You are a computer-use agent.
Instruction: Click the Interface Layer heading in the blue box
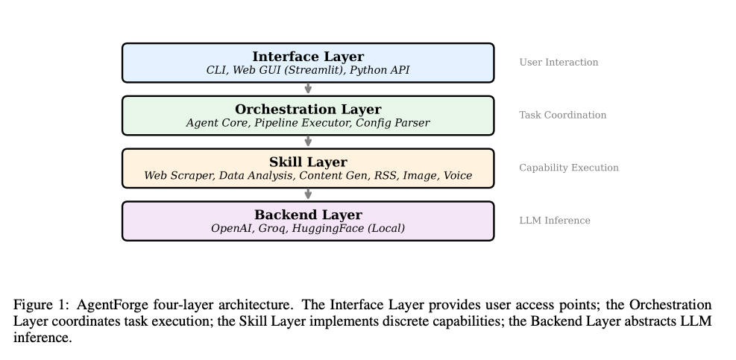pyautogui.click(x=308, y=57)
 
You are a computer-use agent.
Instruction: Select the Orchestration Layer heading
pyautogui.click(x=308, y=110)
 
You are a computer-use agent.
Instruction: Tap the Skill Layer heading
pyautogui.click(x=308, y=162)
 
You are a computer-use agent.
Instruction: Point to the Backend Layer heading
pyautogui.click(x=308, y=215)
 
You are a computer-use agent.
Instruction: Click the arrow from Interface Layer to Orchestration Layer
pyautogui.click(x=308, y=89)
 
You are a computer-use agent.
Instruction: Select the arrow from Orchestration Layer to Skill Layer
pyautogui.click(x=308, y=142)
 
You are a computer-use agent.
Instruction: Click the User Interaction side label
pyautogui.click(x=559, y=63)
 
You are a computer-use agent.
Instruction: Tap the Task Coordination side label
pyautogui.click(x=562, y=116)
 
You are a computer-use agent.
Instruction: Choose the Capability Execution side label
pyautogui.click(x=569, y=168)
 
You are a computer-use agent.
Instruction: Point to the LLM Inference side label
pyautogui.click(x=554, y=221)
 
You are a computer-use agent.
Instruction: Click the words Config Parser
pyautogui.click(x=392, y=123)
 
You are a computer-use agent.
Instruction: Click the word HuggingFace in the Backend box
pyautogui.click(x=330, y=229)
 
